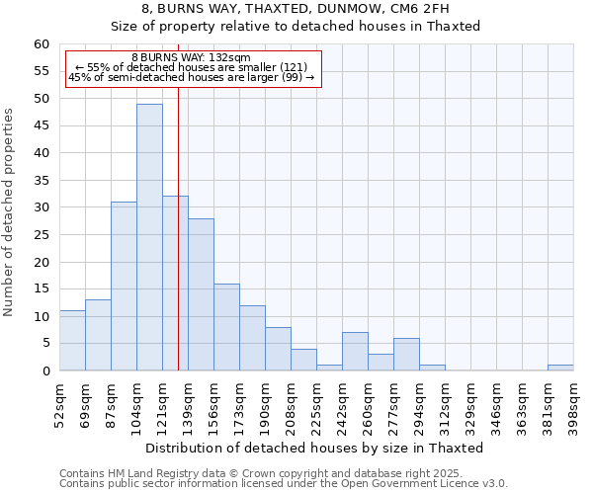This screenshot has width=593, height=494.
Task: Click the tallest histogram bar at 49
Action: [x=149, y=237]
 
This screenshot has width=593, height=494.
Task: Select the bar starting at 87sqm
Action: [x=124, y=287]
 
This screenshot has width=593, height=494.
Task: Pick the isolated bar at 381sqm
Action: [x=560, y=368]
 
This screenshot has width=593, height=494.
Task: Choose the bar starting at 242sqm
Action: [x=355, y=352]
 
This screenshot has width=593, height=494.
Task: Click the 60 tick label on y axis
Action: [x=41, y=44]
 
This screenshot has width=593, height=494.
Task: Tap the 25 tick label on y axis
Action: [x=41, y=235]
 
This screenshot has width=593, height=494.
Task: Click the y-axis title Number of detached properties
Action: [x=10, y=213]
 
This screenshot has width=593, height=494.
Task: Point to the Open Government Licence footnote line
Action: [x=284, y=484]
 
